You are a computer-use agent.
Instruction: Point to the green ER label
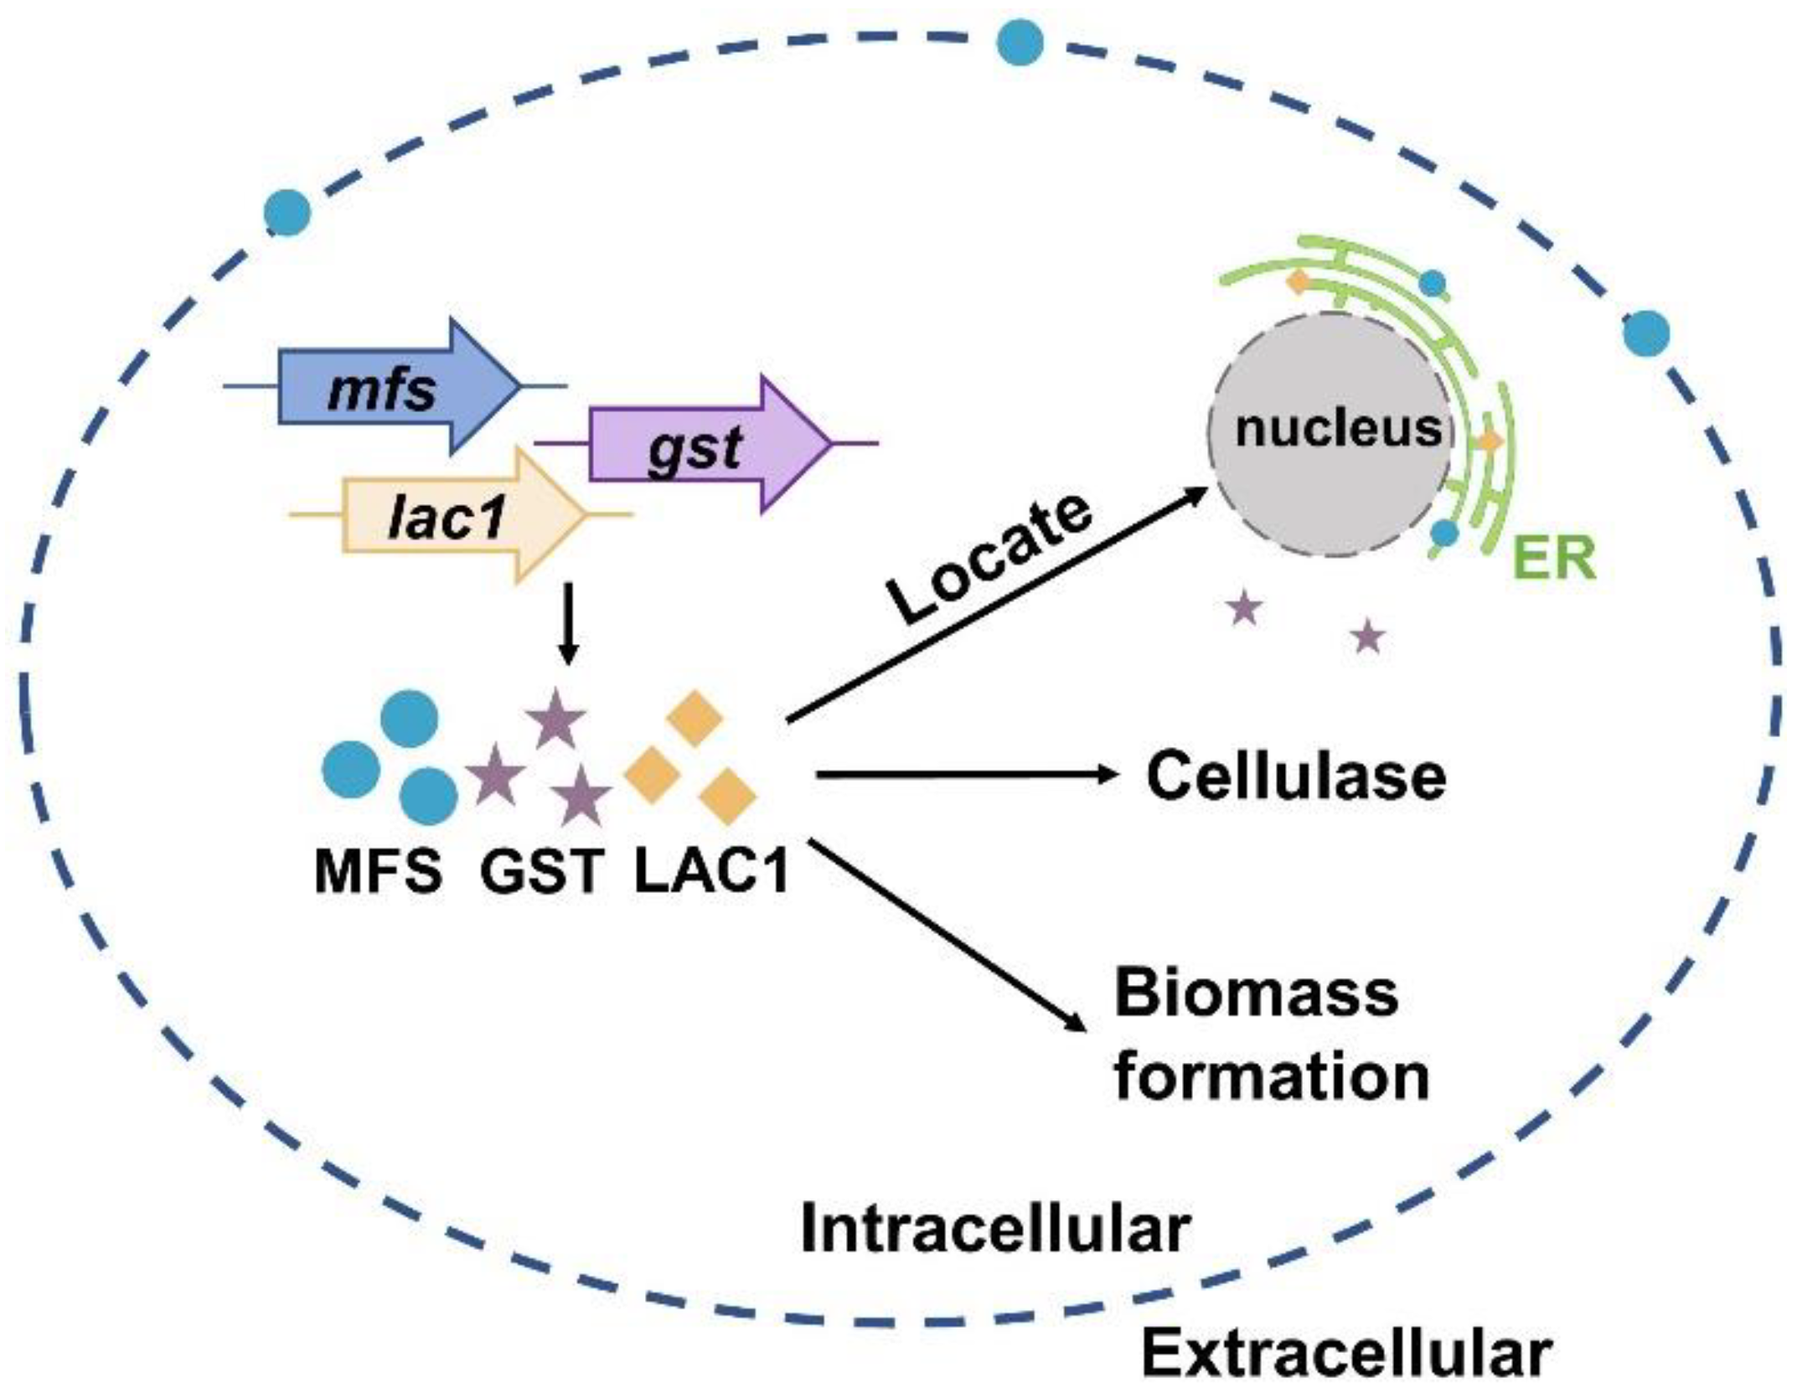pyautogui.click(x=1556, y=559)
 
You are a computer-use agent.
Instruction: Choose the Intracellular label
pyautogui.click(x=995, y=1230)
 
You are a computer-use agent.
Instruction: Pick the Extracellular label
pyautogui.click(x=1347, y=1354)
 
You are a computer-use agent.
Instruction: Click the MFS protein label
pyautogui.click(x=378, y=871)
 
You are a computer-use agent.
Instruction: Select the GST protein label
pyautogui.click(x=541, y=871)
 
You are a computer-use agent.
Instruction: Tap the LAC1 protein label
pyautogui.click(x=712, y=871)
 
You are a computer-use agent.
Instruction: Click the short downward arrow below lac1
pyautogui.click(x=569, y=624)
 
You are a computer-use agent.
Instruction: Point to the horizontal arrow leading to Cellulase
pyautogui.click(x=963, y=775)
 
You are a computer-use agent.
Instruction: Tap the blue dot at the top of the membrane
pyautogui.click(x=1020, y=42)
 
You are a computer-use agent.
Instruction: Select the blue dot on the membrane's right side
pyautogui.click(x=1645, y=333)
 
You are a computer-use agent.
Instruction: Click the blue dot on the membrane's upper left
pyautogui.click(x=287, y=212)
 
